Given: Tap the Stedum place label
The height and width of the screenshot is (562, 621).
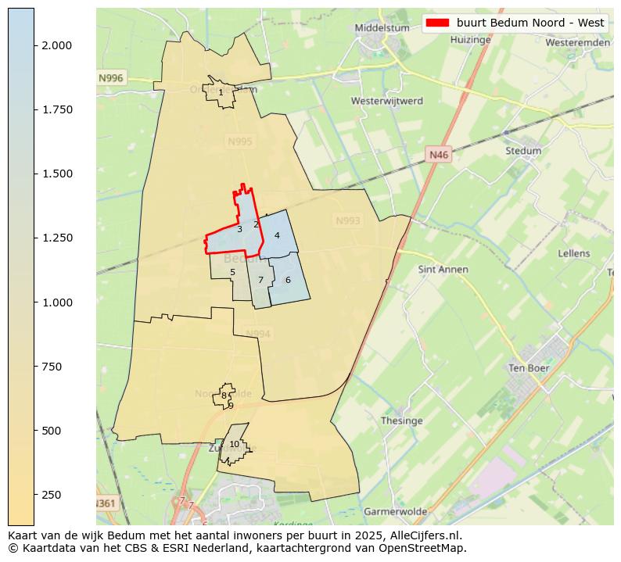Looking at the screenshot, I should pos(523,151).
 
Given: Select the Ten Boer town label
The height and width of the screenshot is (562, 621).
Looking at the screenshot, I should pos(529,368).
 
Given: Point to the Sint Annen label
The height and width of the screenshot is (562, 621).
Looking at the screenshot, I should pos(443,270).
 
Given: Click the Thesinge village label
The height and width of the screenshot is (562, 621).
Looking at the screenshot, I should pos(401,421).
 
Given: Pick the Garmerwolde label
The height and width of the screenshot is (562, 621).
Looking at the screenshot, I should pos(396,512).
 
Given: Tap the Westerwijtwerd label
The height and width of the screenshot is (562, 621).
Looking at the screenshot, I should pos(387,102).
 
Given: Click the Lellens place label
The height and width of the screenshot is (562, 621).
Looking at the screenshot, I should pos(574,254).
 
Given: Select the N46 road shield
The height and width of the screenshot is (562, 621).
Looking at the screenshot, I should pos(439,156).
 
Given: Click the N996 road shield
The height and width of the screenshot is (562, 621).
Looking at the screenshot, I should pos(111,78).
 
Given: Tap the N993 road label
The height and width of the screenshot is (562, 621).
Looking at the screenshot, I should pos(348,221).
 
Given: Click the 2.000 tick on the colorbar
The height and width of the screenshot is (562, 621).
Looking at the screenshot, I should pos(56,45).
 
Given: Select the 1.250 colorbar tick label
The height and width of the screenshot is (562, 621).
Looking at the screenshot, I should pos(56,238).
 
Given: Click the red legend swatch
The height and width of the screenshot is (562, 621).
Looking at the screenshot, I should pos(438,23).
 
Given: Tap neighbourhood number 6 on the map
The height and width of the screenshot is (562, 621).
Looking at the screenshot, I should pos(288,280).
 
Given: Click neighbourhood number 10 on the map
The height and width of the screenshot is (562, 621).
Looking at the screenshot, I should pos(234,445).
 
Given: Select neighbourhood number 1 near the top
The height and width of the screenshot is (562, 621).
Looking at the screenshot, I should pos(221,92).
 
